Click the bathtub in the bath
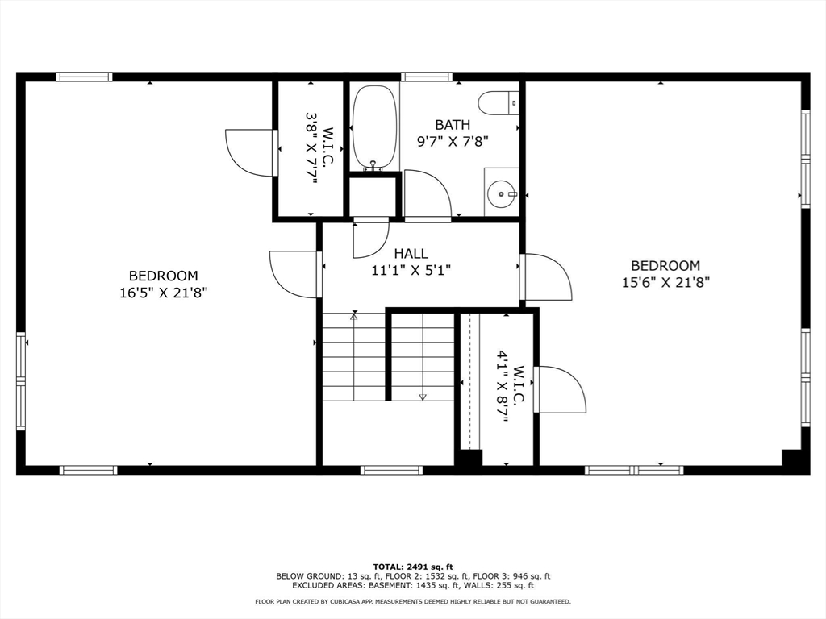point(373,128)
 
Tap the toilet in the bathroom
point(499,102)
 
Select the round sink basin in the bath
point(500,195)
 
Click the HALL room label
point(411,254)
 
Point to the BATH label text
point(453,125)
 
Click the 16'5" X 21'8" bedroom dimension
point(163,293)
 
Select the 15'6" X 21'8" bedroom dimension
point(665,283)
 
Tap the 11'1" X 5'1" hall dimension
point(411,271)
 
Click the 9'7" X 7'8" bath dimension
point(453,142)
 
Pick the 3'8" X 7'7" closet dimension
point(312,147)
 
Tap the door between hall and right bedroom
point(546,277)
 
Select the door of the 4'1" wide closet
point(560,389)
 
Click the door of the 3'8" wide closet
point(252,152)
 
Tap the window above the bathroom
point(426,77)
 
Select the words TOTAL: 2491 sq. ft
point(413,567)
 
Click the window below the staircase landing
point(391,470)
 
